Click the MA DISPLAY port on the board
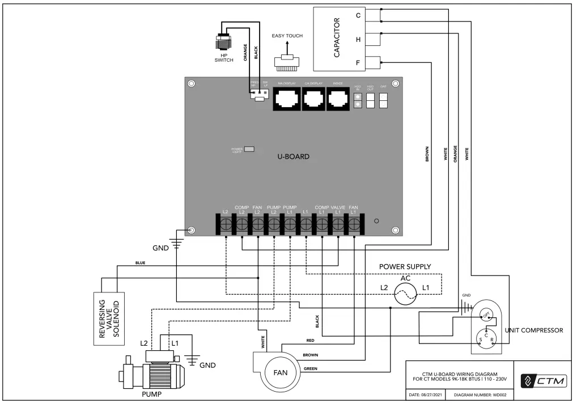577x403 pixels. pos(287,100)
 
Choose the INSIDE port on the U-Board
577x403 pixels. pos(337,100)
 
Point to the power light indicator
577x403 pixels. pos(248,150)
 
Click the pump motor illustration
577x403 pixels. pos(151,374)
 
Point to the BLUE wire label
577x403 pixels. pos(141,263)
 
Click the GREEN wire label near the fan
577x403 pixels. pos(310,368)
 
